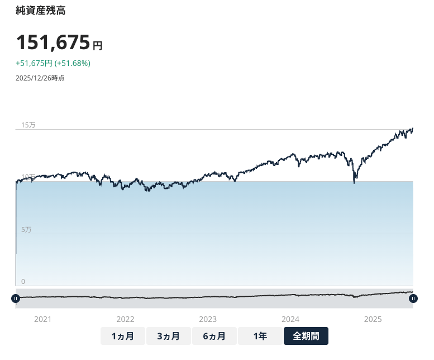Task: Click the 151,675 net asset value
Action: pyautogui.click(x=53, y=42)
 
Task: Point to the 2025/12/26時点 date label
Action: pyautogui.click(x=40, y=78)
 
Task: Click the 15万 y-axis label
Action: pyautogui.click(x=28, y=125)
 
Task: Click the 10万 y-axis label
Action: pyautogui.click(x=28, y=177)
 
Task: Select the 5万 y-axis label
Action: pyautogui.click(x=26, y=230)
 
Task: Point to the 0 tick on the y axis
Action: pyautogui.click(x=23, y=281)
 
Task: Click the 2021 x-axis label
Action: pyautogui.click(x=43, y=319)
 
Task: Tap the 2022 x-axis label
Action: pyautogui.click(x=126, y=319)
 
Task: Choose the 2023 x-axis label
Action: pyautogui.click(x=208, y=319)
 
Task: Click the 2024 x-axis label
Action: pyautogui.click(x=290, y=319)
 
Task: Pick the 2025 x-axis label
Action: pyautogui.click(x=373, y=319)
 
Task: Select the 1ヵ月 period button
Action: pyautogui.click(x=123, y=336)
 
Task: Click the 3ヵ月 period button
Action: pyautogui.click(x=169, y=336)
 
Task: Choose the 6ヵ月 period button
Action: pyautogui.click(x=214, y=336)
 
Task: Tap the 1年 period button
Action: pyautogui.click(x=260, y=336)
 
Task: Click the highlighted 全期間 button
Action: pyautogui.click(x=306, y=336)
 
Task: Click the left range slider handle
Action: pyautogui.click(x=16, y=299)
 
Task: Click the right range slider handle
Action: pyautogui.click(x=413, y=299)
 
